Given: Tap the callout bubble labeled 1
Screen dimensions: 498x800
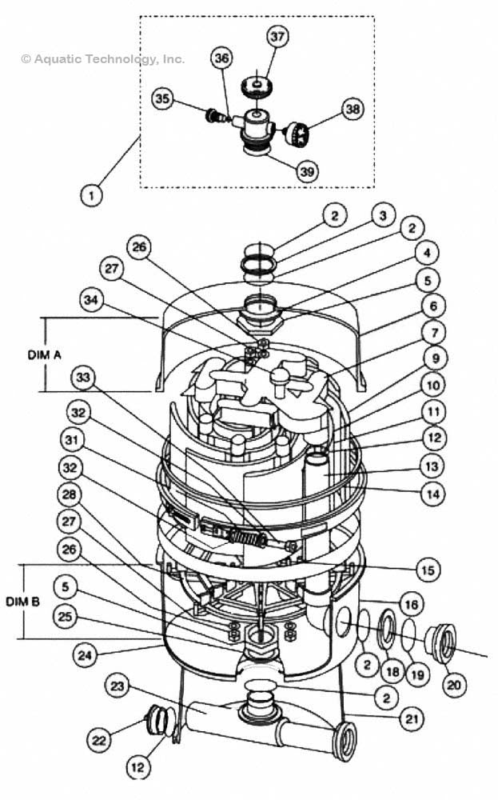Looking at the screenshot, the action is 92,195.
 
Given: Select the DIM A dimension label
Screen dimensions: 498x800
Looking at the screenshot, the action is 44,354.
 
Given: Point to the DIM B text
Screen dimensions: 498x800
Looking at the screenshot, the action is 22,602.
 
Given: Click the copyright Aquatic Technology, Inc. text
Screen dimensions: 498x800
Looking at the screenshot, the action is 102,59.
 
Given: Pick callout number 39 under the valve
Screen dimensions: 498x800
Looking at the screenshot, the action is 307,171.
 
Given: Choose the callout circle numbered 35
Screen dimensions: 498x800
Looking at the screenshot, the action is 162,98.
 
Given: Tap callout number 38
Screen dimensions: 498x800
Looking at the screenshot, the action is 353,109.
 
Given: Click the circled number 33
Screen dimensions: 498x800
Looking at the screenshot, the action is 83,378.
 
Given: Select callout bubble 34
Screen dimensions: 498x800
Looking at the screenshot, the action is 91,299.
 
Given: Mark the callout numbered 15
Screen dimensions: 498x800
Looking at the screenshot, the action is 428,569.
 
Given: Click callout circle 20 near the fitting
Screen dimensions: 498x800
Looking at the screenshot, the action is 454,685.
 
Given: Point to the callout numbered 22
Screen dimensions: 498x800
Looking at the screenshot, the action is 98,740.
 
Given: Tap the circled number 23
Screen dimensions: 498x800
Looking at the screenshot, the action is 118,686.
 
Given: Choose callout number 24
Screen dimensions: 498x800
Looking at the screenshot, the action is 85,654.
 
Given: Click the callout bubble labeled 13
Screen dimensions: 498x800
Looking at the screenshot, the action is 432,466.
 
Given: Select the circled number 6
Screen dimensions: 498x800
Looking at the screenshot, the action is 433,306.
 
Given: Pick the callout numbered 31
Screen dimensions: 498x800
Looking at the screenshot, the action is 72,440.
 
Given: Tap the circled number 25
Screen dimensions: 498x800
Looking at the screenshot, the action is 65,616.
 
